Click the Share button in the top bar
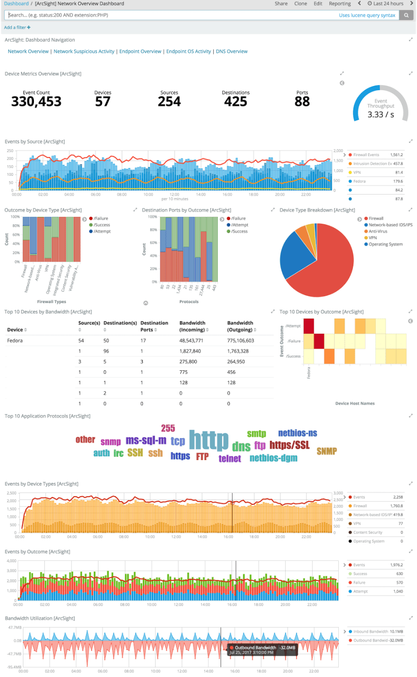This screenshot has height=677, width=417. [281, 4]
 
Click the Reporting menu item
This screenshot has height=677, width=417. [339, 4]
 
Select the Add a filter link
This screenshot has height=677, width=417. [17, 27]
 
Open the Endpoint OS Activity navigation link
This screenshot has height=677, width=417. [188, 52]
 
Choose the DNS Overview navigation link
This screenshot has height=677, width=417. [231, 52]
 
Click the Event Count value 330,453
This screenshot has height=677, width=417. [36, 101]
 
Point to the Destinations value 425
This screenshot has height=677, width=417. [236, 101]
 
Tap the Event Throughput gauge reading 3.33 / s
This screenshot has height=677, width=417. [381, 115]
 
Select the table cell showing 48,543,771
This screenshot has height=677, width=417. [194, 341]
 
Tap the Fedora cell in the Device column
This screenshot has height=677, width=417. [14, 341]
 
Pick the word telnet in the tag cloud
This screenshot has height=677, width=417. [230, 459]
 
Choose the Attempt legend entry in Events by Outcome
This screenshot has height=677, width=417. [361, 591]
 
